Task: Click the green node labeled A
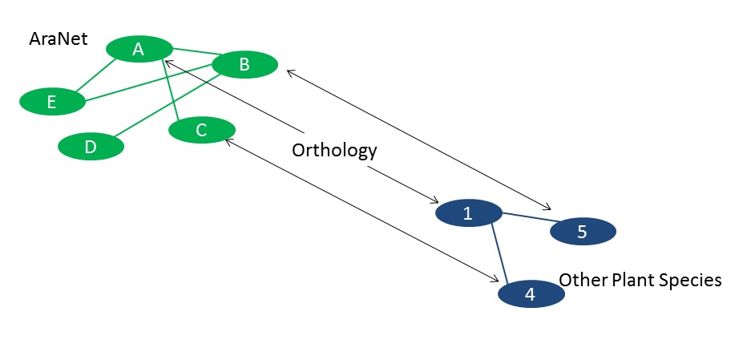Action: click(x=138, y=50)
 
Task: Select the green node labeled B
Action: click(x=245, y=65)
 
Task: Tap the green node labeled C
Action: click(x=202, y=130)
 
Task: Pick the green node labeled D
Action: click(x=91, y=147)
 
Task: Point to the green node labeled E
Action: click(x=52, y=102)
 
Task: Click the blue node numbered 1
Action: click(x=468, y=214)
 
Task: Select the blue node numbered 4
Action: click(x=531, y=294)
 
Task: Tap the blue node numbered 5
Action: click(x=583, y=232)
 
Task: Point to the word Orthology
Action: click(x=333, y=150)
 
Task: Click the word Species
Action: click(x=694, y=280)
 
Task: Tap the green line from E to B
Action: click(x=148, y=83)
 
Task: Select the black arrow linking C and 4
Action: click(x=361, y=209)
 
